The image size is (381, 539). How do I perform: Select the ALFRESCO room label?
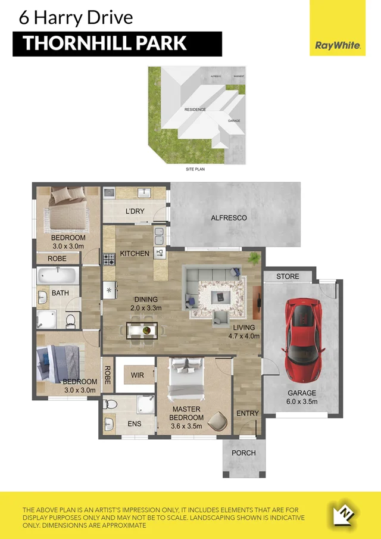point(229,218)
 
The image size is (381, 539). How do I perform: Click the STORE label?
point(288,276)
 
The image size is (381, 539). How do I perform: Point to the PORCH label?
point(243,453)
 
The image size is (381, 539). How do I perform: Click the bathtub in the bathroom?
point(57,276)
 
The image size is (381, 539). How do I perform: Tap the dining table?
point(142,329)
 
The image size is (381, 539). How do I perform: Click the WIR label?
point(138,375)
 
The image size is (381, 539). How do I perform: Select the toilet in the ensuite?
point(110,405)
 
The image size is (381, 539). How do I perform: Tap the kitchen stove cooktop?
point(110,259)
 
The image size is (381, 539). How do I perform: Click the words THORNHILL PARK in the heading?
point(105,43)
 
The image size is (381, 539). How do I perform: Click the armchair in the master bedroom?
point(218,422)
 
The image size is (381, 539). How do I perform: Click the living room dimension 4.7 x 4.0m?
point(243,336)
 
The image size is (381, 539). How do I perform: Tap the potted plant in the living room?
point(255,257)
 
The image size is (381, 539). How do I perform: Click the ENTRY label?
point(248,414)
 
